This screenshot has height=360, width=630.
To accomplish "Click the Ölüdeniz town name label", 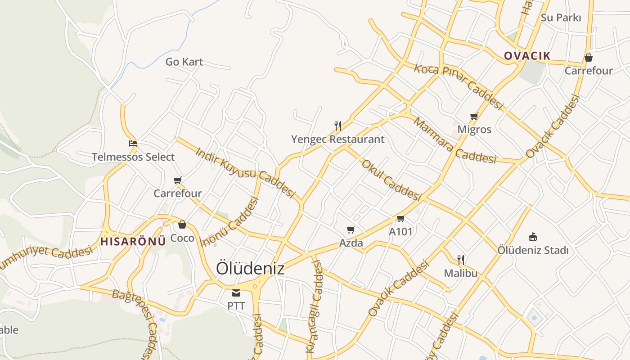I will (250, 268).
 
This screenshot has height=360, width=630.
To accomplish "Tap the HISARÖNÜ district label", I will (133, 241).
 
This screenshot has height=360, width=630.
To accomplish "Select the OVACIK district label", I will (527, 56).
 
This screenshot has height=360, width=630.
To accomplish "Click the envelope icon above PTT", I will (236, 293).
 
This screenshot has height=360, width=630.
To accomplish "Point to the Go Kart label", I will (184, 62).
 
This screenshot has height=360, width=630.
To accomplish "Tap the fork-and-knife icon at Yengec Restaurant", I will (338, 126).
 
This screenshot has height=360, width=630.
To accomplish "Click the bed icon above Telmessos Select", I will (133, 144).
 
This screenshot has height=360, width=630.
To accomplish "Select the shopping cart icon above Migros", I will (474, 117).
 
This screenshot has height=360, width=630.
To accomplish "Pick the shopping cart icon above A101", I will (400, 219).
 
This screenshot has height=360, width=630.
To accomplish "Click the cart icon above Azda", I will (351, 230).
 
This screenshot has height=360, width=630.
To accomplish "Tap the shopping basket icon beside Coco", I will (182, 225).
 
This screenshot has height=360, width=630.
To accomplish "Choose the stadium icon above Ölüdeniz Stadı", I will (533, 237).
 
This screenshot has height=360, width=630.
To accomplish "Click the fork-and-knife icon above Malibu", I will (460, 260).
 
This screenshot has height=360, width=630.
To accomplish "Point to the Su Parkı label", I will (561, 18).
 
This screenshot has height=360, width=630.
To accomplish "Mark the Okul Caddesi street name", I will (391, 180).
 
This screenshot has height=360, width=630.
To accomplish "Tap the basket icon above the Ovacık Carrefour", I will (588, 58).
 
